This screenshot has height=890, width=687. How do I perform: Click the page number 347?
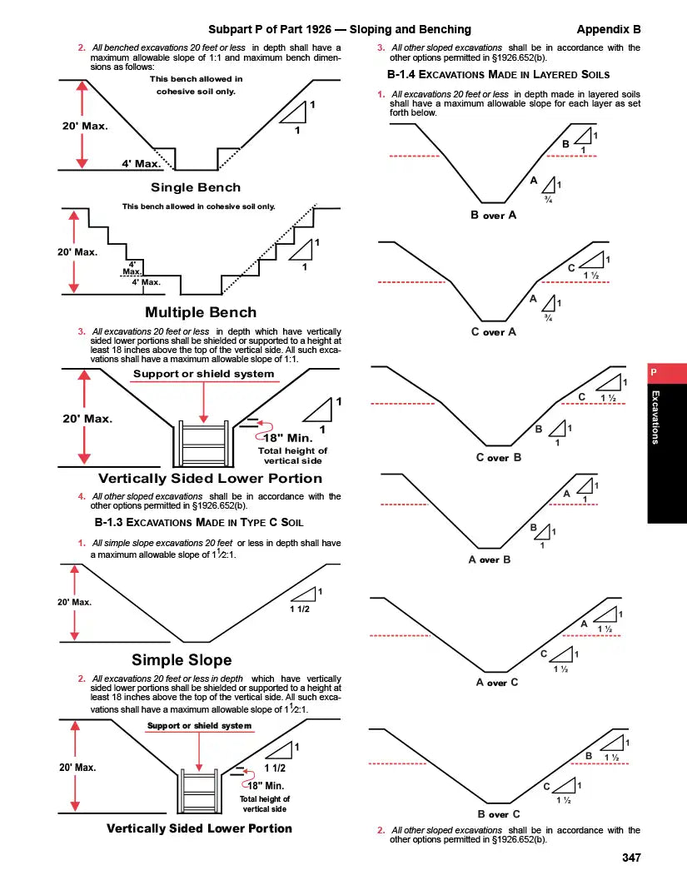coord(631,858)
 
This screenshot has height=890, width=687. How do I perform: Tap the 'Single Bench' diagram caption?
coord(196,187)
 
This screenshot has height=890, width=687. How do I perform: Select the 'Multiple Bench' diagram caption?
coord(201,312)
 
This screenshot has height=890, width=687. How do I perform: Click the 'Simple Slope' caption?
coord(182,660)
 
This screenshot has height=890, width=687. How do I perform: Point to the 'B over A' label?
coord(494,215)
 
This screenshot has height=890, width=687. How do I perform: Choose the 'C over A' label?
coord(494,332)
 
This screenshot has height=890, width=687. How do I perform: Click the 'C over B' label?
coord(498,458)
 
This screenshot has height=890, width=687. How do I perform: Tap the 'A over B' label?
coord(490,559)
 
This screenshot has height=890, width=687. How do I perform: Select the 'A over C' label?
coord(497,683)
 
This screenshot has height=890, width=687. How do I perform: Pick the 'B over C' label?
coord(499,814)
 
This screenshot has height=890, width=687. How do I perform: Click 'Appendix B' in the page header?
coord(608,29)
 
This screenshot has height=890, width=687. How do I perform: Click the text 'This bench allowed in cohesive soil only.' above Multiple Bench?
coord(198,206)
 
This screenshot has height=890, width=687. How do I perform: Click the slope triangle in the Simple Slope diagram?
coord(305,594)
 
